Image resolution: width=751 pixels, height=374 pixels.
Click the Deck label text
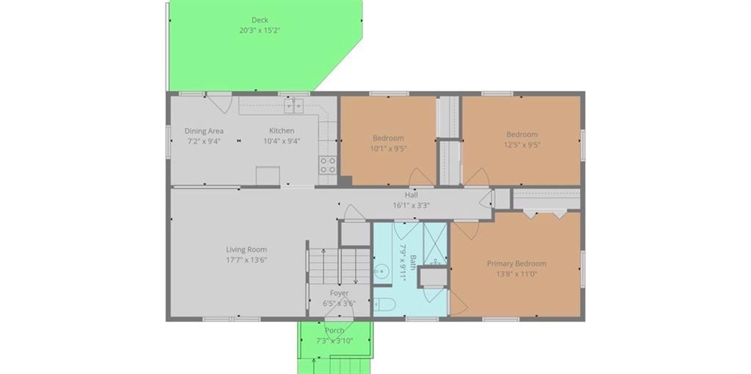260,20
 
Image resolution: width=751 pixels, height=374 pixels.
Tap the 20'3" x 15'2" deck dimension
260,30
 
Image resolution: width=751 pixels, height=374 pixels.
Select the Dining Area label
204,131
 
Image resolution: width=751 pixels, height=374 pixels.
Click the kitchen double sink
293,106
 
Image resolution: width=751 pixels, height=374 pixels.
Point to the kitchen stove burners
328,165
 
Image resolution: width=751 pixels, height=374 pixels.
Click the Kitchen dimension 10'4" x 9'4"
282,141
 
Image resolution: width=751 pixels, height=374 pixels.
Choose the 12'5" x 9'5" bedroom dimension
522,144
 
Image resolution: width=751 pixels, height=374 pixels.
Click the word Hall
411,195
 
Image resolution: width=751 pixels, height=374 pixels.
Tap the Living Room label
246,249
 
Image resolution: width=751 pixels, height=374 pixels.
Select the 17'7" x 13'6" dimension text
246,260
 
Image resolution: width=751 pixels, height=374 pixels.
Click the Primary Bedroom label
517,263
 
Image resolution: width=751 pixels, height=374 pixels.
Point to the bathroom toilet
383,304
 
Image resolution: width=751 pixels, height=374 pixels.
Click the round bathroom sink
381,272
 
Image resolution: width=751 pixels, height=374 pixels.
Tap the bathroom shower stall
435,243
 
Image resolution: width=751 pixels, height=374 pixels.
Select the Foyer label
339,293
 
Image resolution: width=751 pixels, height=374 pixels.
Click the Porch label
334,331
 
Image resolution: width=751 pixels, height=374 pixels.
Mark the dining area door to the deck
219,103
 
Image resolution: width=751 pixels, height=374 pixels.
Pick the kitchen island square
268,176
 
